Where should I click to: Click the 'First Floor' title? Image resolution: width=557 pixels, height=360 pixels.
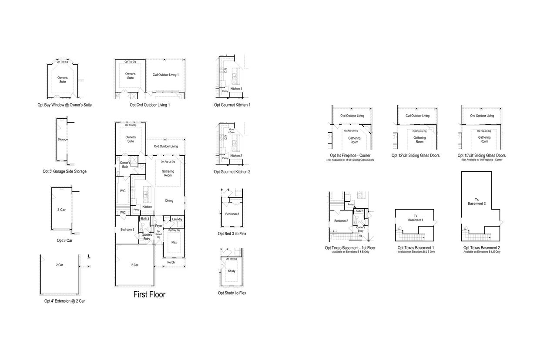(149, 295)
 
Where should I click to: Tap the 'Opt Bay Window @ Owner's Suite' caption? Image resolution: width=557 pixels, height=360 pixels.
(64, 105)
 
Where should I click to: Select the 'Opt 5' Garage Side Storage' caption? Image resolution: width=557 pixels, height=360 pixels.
(64, 171)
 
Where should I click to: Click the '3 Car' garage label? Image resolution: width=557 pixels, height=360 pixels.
(61, 210)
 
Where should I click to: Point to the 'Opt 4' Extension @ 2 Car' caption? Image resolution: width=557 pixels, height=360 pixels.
(64, 301)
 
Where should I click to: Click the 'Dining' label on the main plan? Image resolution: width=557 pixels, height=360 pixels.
(169, 200)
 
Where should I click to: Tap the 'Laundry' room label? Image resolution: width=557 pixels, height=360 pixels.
(177, 219)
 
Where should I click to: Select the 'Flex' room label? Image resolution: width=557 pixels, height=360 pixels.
(174, 242)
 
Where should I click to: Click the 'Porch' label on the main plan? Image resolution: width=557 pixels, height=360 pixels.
(171, 262)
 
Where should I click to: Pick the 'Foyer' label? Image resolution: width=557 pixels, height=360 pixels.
(159, 226)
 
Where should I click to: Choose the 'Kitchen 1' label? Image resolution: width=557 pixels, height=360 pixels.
(236, 89)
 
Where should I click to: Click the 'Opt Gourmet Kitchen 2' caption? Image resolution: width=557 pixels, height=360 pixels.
(232, 172)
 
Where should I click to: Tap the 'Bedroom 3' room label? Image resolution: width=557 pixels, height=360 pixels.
(232, 214)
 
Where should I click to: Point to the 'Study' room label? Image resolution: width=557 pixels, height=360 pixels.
(232, 271)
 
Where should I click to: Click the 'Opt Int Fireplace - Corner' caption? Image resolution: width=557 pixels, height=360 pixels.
(350, 155)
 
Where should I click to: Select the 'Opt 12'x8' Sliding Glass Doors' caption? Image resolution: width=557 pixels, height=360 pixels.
(416, 155)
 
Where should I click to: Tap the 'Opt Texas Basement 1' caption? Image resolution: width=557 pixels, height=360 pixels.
(415, 248)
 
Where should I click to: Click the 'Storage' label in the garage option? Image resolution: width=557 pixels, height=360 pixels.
(63, 140)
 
